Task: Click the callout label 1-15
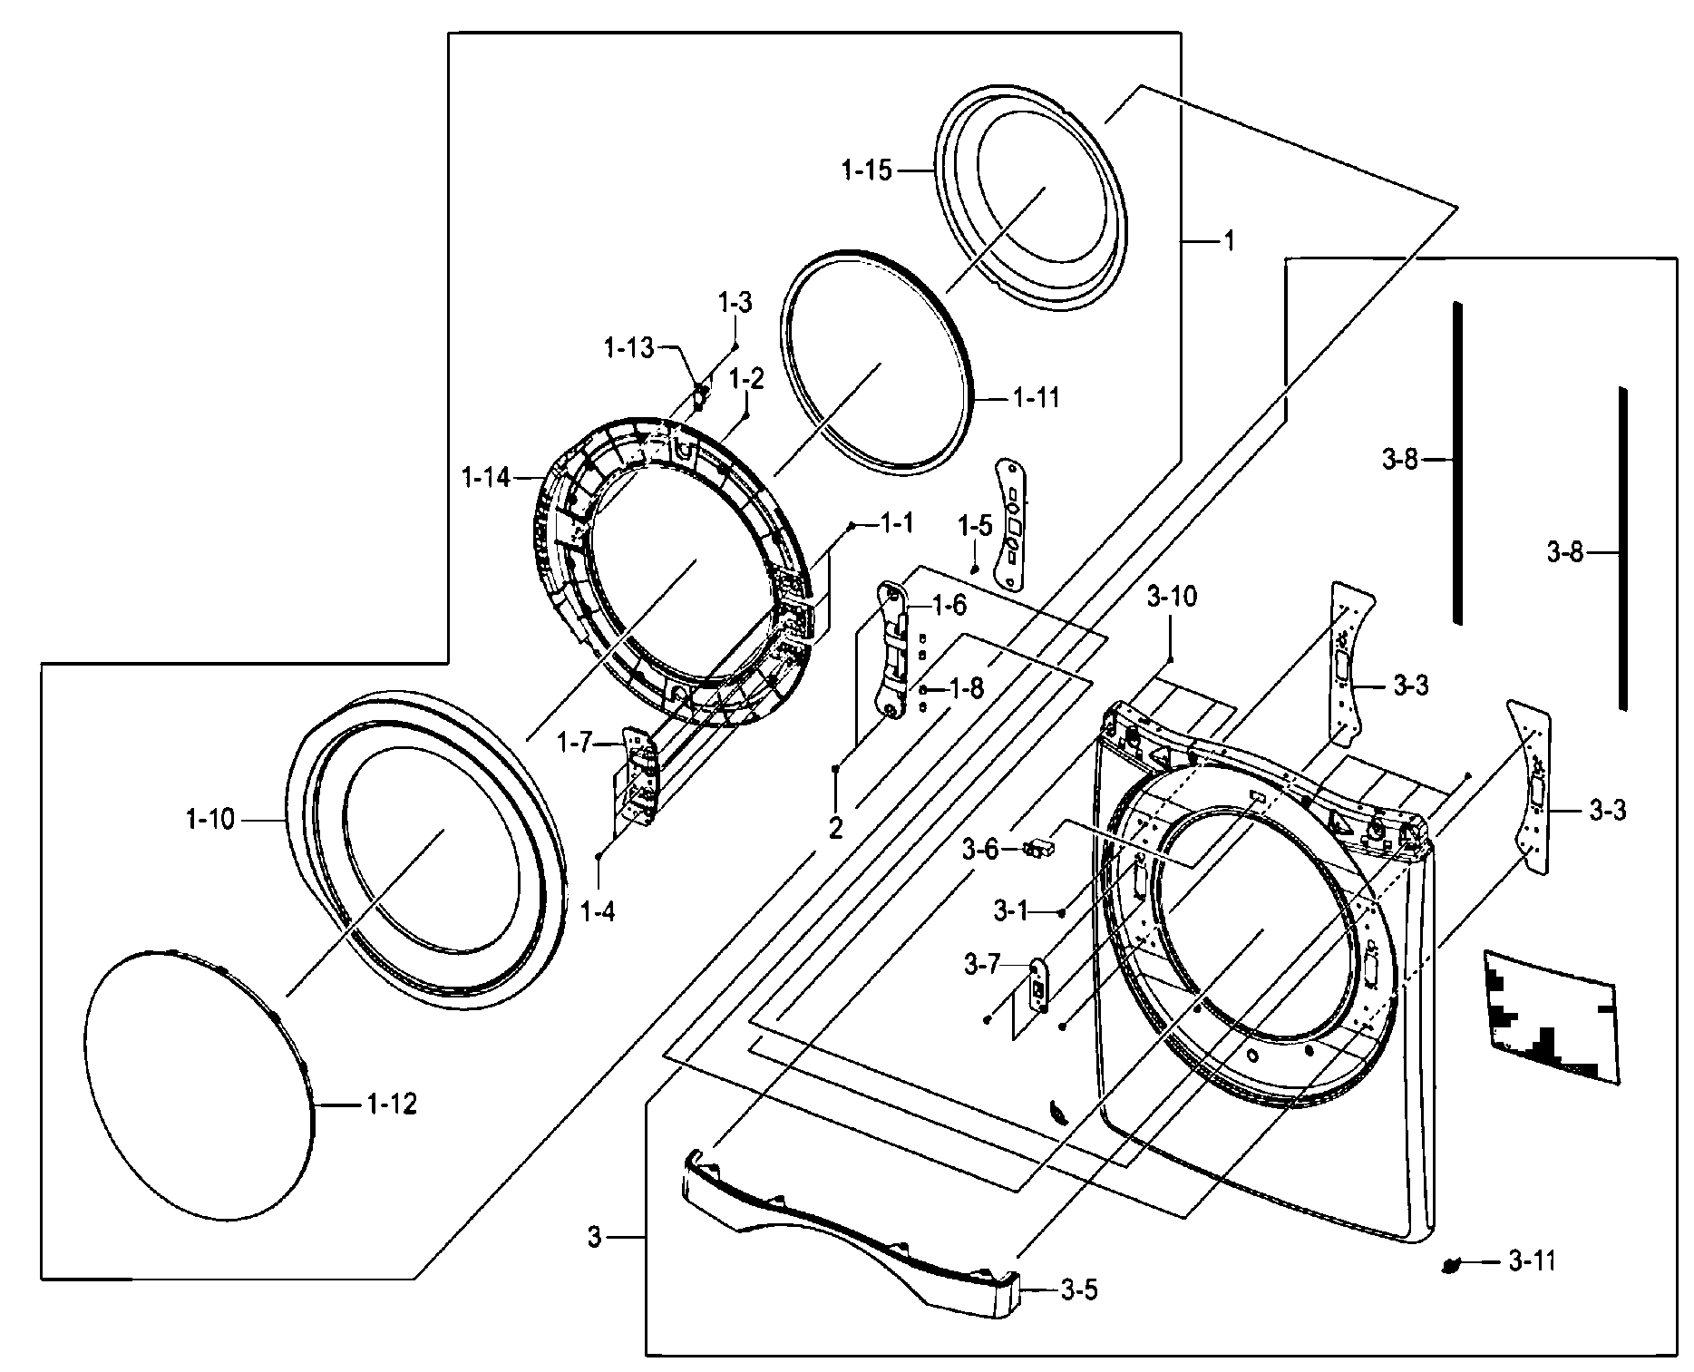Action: pyautogui.click(x=866, y=170)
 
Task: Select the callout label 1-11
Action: pyautogui.click(x=1036, y=397)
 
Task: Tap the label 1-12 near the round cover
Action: pyautogui.click(x=392, y=1104)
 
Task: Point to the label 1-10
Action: pyautogui.click(x=209, y=820)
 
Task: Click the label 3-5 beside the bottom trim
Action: pyautogui.click(x=1078, y=1289)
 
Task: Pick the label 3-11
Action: pyautogui.click(x=1532, y=1260)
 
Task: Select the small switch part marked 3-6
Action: pyautogui.click(x=1038, y=848)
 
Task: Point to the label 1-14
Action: pyautogui.click(x=486, y=476)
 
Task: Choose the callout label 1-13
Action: pyautogui.click(x=628, y=347)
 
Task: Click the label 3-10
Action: pyautogui.click(x=1172, y=597)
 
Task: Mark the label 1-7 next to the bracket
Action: pyautogui.click(x=573, y=744)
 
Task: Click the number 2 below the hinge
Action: pyautogui.click(x=835, y=827)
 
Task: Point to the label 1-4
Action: pyautogui.click(x=597, y=910)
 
